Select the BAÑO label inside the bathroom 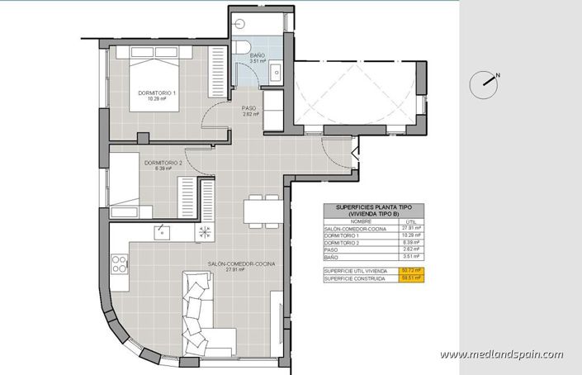(x=258, y=56)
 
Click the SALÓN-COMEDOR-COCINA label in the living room (x=241, y=264)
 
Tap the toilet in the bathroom (x=239, y=50)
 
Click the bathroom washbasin (x=276, y=73)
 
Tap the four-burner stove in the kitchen (x=119, y=264)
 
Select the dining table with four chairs (x=261, y=210)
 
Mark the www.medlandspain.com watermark (x=501, y=354)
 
